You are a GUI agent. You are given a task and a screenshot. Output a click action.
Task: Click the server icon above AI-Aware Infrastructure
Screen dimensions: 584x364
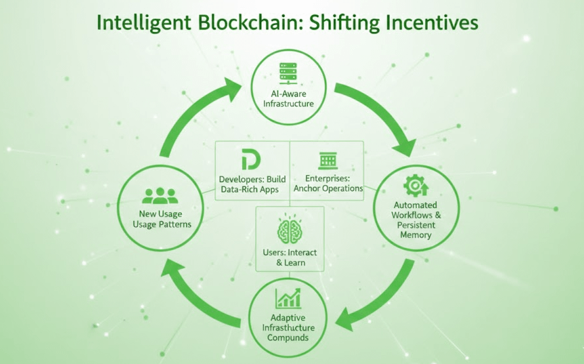coord(288,71)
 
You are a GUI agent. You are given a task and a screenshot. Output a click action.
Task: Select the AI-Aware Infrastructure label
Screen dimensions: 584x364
coord(288,98)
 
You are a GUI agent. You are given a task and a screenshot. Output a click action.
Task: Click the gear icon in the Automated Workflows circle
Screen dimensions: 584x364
coord(415,186)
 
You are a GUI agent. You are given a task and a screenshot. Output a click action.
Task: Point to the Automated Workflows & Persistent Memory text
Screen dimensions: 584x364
coord(415,219)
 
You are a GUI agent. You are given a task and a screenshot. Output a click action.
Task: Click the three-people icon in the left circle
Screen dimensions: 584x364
coord(160,195)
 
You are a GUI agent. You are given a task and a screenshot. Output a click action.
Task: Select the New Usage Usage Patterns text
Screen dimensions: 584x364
coord(161,219)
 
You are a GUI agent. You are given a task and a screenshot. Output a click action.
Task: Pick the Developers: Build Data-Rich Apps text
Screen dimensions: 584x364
coord(250,184)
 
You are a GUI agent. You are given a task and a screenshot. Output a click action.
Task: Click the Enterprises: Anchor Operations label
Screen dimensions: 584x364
coord(328,183)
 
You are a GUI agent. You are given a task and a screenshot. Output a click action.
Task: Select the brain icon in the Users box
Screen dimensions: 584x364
coord(289,231)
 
